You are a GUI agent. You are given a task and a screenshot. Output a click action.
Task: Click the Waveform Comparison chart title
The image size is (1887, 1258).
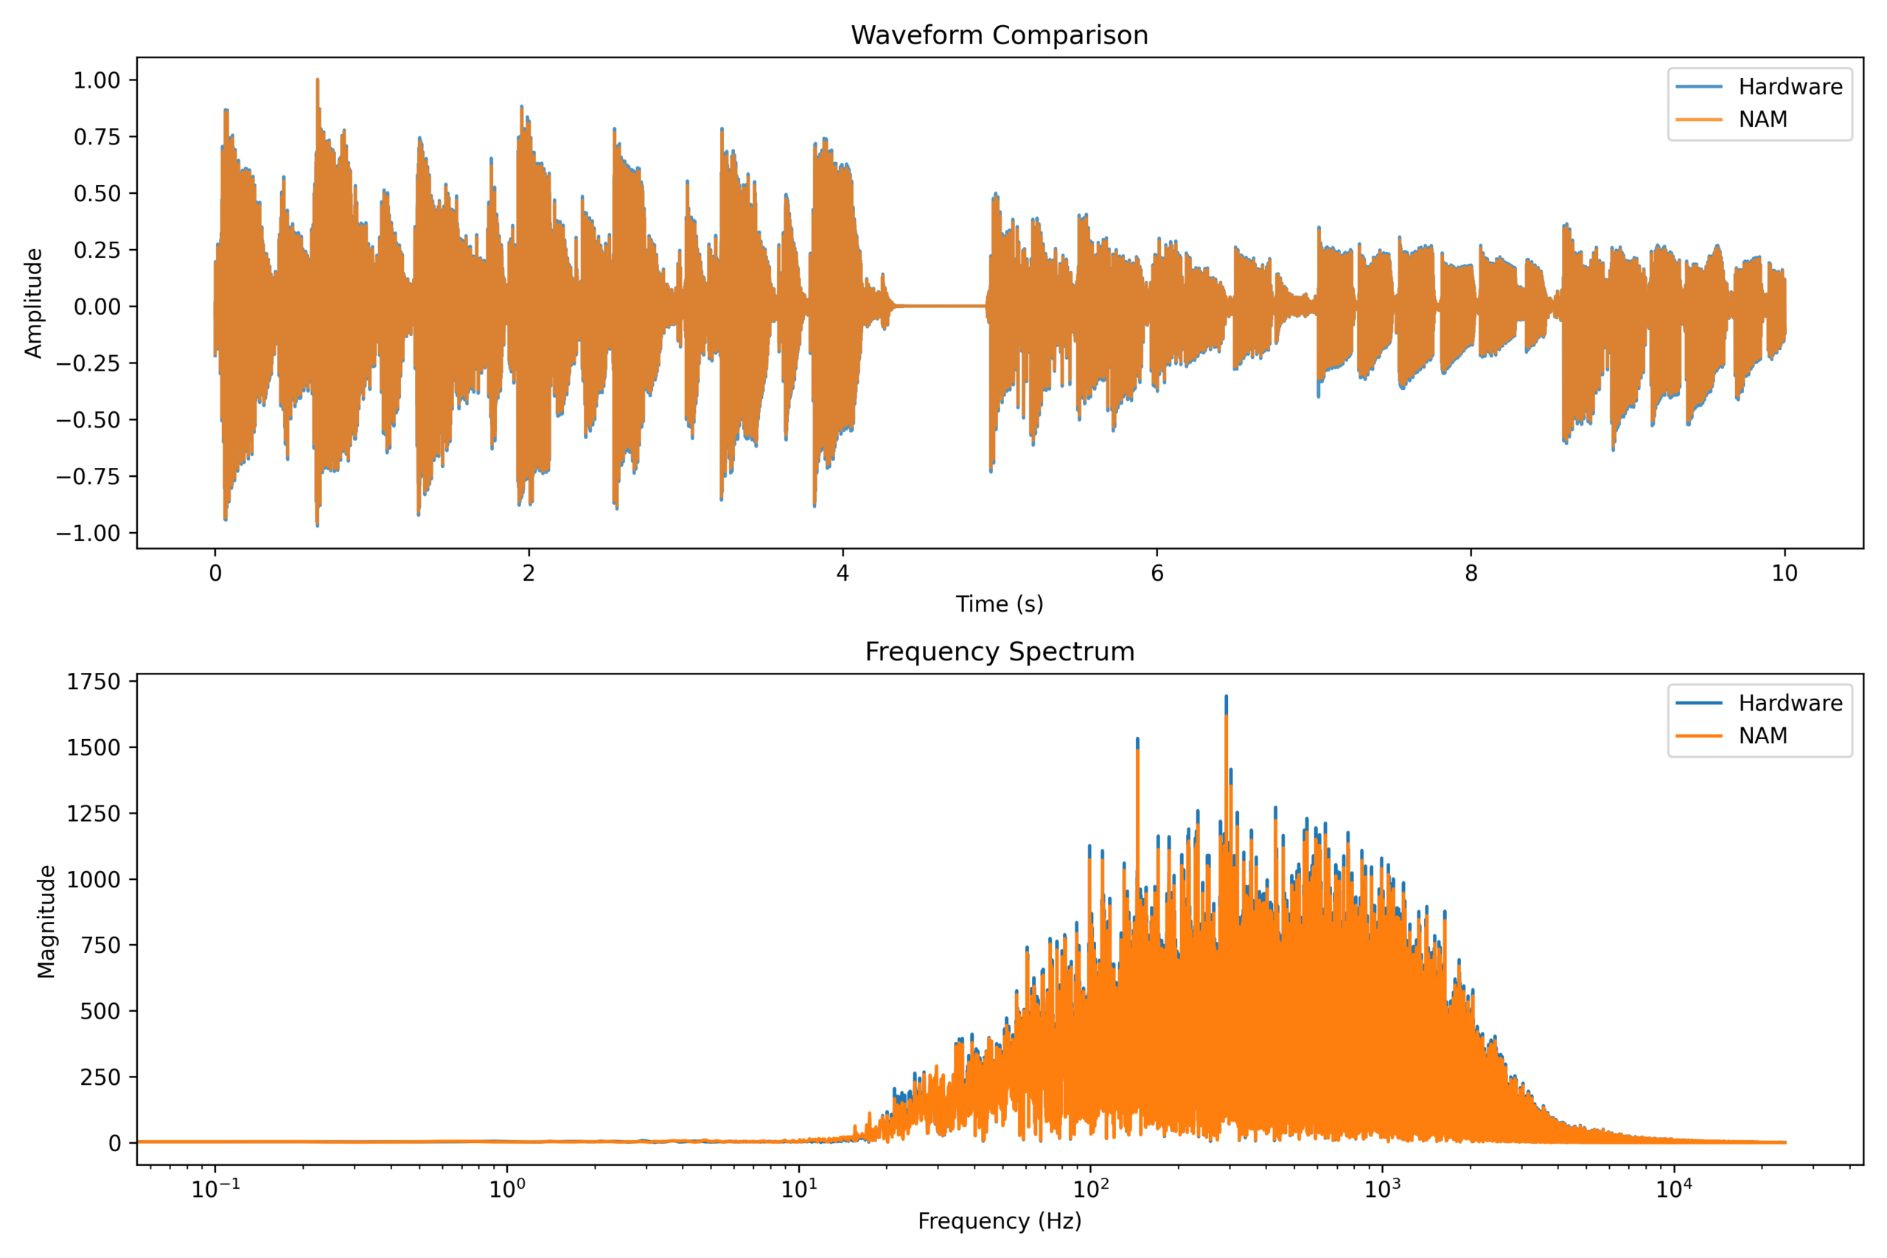(x=999, y=35)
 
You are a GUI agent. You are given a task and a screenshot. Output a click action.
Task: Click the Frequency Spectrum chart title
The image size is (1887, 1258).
(x=999, y=651)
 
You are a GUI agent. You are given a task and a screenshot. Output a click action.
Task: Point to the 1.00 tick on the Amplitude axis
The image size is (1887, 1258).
(x=97, y=80)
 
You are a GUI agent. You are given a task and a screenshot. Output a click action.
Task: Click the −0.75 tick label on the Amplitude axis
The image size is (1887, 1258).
(x=88, y=477)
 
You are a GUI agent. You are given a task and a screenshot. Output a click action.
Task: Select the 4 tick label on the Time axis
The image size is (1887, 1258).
(x=843, y=573)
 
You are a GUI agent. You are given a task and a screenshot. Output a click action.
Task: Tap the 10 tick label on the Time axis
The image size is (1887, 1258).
(x=1785, y=573)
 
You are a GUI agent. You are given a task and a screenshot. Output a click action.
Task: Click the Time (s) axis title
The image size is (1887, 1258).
(x=999, y=604)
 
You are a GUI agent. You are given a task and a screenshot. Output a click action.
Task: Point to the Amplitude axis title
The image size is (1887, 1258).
(x=33, y=304)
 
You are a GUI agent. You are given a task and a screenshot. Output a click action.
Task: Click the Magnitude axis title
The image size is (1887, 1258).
(x=46, y=921)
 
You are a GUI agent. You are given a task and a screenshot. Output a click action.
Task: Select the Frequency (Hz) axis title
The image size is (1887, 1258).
(x=999, y=1221)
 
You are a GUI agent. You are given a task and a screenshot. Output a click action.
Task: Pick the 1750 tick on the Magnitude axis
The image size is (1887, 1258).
(x=93, y=682)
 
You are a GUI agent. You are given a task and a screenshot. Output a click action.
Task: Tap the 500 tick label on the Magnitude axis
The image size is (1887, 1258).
(x=100, y=1011)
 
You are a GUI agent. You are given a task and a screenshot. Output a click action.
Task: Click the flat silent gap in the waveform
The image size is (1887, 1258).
(x=938, y=306)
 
